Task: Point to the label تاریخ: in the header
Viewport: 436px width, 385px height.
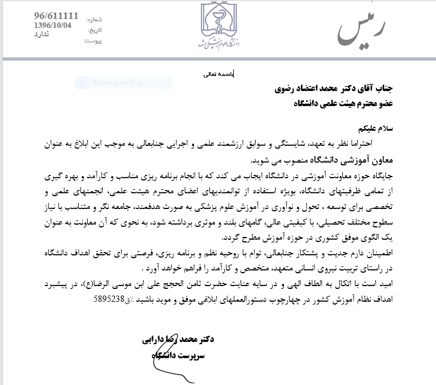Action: point(94,30)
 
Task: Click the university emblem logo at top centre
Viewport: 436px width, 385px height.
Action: point(218,25)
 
